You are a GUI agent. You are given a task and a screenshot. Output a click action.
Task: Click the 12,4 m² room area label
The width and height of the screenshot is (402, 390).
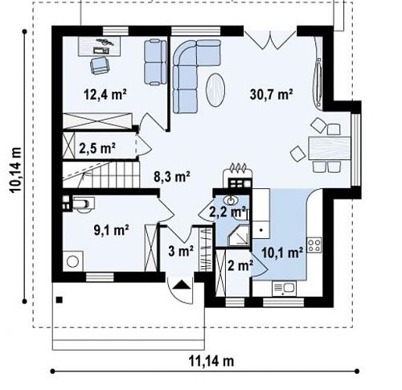(x=105, y=94)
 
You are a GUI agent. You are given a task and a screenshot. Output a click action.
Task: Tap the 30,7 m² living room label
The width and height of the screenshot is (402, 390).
(x=271, y=94)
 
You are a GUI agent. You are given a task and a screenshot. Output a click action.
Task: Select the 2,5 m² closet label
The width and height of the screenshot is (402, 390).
(x=97, y=148)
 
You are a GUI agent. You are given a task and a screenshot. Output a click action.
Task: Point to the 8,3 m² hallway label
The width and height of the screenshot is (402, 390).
(x=172, y=177)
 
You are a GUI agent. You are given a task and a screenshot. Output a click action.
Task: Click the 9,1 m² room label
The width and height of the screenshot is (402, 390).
(x=111, y=230)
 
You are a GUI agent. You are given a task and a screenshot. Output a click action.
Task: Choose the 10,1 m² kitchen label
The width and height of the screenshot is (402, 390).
(x=282, y=252)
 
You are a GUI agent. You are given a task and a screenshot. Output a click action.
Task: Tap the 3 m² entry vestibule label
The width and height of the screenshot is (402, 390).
(x=181, y=252)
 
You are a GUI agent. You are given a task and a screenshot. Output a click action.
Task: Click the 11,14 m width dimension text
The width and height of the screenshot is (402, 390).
(x=211, y=361)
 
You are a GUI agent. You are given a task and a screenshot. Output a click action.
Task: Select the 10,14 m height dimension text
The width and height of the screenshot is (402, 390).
(x=15, y=170)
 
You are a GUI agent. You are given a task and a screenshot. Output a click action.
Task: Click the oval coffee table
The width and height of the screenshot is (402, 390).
(x=215, y=90)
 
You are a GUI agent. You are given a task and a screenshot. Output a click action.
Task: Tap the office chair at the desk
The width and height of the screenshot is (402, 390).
(x=100, y=66)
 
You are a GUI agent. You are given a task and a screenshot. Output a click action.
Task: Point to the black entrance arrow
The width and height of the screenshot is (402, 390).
(x=182, y=285)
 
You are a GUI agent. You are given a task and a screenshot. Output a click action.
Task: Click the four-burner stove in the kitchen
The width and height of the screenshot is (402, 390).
(x=314, y=245)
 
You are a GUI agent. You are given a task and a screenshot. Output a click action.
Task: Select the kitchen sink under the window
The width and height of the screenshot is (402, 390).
(x=284, y=289)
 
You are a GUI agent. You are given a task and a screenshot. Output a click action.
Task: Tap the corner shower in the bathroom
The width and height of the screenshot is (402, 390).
(x=239, y=236)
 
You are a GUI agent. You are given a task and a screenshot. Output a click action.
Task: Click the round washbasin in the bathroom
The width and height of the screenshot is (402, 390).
(x=230, y=199)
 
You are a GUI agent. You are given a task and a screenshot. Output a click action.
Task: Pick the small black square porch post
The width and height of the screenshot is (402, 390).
(x=59, y=300)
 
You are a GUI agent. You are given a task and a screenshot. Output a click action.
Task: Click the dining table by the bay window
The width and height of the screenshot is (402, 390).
(x=330, y=148)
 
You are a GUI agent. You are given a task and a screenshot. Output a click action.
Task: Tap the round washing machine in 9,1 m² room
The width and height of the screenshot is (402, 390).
(x=72, y=261)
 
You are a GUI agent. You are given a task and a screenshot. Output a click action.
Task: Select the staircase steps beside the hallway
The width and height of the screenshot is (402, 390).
(x=101, y=174)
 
